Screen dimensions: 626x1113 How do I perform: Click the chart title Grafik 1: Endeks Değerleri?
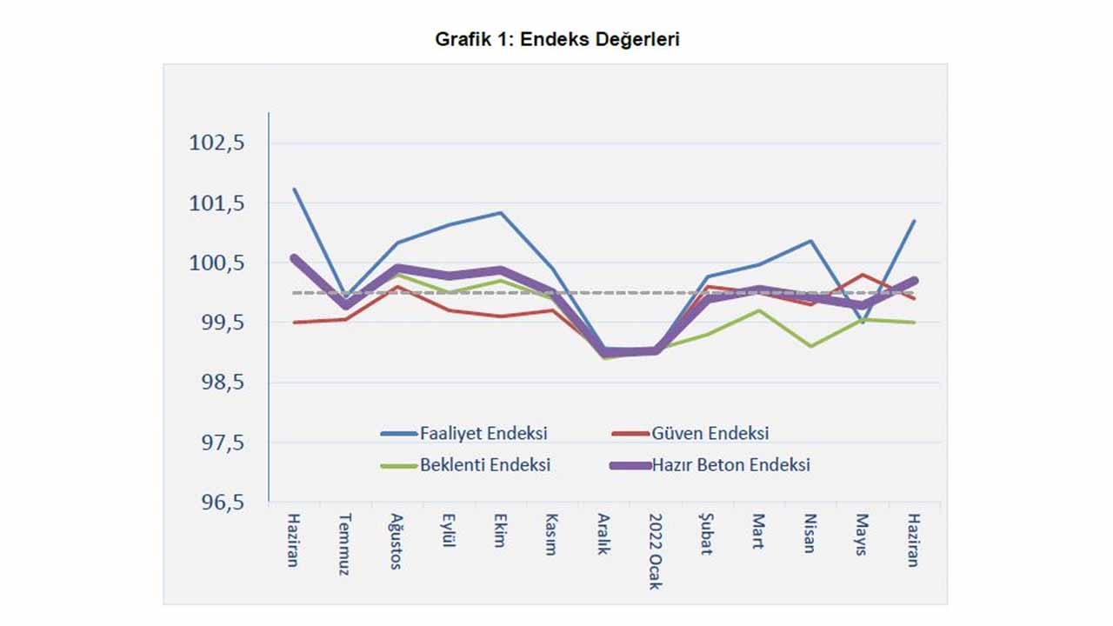pos(556,39)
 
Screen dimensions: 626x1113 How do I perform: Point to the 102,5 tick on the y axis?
pos(217,143)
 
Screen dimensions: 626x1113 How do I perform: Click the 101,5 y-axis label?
pos(217,203)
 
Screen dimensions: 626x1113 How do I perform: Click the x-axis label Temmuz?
pos(344,544)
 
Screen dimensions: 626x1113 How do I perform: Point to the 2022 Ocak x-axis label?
pos(655,550)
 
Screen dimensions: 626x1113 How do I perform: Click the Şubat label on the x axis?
pos(706,535)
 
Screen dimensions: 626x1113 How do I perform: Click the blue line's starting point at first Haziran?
pos(295,189)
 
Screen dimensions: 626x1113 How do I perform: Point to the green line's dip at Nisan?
pos(811,346)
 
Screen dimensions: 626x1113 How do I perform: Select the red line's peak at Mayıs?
pos(862,275)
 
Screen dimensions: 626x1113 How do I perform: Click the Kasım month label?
pos(550,535)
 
